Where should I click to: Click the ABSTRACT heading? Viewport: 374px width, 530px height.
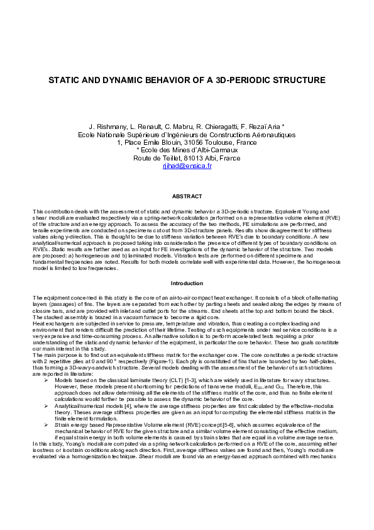(187, 198)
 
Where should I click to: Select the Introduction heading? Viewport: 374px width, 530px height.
(187, 284)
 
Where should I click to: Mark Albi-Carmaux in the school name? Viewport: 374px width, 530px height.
(212, 150)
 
